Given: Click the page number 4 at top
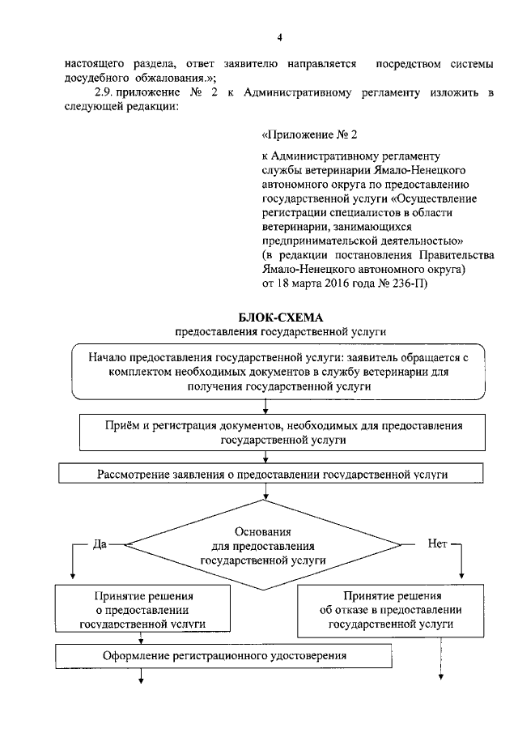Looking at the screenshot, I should tap(279, 37).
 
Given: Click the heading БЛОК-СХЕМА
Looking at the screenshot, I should tap(282, 317).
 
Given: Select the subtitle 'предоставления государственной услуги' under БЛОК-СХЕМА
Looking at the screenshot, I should tap(282, 331).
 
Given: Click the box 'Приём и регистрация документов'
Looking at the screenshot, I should tap(282, 433).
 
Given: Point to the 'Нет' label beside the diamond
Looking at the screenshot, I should tap(438, 544).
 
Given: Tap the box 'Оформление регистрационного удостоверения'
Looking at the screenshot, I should tap(226, 655).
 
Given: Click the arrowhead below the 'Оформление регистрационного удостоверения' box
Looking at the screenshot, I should tap(142, 680).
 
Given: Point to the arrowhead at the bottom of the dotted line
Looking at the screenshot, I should tap(441, 680).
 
